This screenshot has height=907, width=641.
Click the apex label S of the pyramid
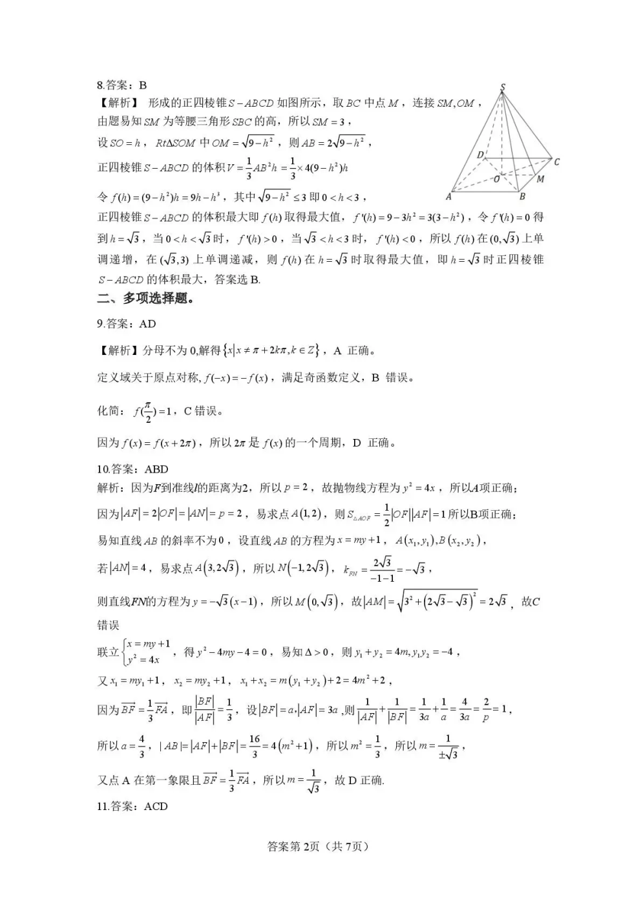pyautogui.click(x=503, y=87)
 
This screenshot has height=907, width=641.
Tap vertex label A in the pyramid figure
pyautogui.click(x=448, y=197)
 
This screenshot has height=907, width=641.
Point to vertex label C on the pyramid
pyautogui.click(x=556, y=162)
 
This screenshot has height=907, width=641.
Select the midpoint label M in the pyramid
pyautogui.click(x=540, y=178)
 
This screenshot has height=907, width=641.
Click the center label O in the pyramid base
pyautogui.click(x=496, y=178)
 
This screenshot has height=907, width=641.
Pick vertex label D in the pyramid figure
pyautogui.click(x=480, y=155)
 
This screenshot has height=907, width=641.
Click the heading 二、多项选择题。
pyautogui.click(x=145, y=298)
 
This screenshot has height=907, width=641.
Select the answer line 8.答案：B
pyautogui.click(x=122, y=85)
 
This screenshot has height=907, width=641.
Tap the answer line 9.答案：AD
pyautogui.click(x=127, y=324)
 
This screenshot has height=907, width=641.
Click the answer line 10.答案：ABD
pyautogui.click(x=132, y=469)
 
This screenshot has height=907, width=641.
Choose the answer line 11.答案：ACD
pyautogui.click(x=132, y=806)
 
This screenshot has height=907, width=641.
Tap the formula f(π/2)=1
pyautogui.click(x=152, y=411)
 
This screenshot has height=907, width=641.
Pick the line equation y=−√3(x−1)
pyautogui.click(x=225, y=602)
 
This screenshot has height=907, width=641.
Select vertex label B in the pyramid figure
pyautogui.click(x=522, y=196)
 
